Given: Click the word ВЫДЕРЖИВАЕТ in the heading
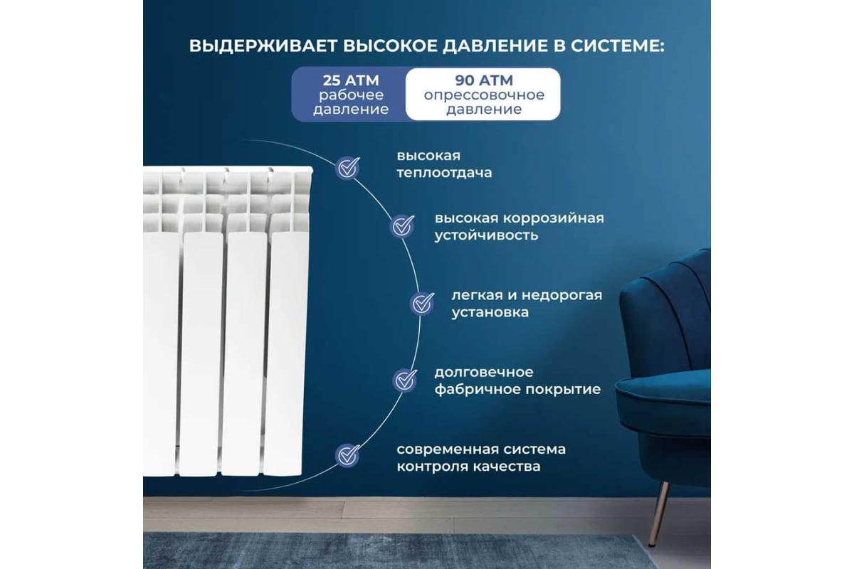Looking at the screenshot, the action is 263,46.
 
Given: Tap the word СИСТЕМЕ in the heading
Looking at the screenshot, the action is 618,46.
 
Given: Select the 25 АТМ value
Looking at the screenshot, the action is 351,80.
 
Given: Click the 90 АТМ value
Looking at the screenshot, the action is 484,80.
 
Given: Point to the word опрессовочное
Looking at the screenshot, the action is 484,95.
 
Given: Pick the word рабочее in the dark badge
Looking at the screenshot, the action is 351,95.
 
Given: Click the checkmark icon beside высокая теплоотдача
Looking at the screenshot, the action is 347,168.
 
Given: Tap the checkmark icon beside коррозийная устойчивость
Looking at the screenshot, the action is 402,227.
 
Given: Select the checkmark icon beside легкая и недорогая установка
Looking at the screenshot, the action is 422,304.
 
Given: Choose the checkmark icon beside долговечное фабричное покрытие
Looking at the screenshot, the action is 405,381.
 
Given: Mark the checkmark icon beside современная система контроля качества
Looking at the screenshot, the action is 347,455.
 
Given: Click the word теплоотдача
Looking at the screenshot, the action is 444,174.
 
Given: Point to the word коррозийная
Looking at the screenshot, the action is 554,219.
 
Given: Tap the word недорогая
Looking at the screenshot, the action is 562,295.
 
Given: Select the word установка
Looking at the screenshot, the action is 490,313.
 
